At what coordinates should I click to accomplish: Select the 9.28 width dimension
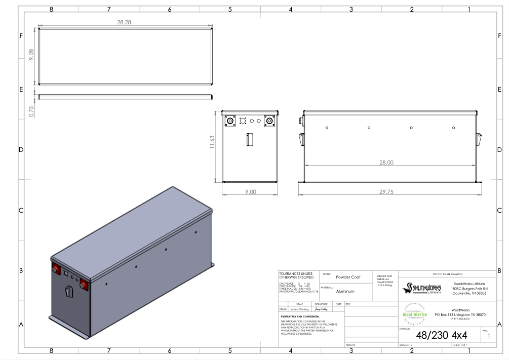pyautogui.click(x=31, y=56)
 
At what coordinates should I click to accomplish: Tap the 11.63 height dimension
pyautogui.click(x=213, y=146)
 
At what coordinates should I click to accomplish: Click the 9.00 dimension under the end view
pyautogui.click(x=250, y=192)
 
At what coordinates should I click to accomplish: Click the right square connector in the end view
pyautogui.click(x=269, y=121)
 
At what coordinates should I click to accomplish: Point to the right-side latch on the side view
pyautogui.click(x=479, y=138)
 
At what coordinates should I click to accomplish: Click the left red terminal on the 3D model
pyautogui.click(x=54, y=270)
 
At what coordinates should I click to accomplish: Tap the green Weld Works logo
pyautogui.click(x=414, y=314)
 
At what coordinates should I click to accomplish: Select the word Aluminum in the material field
pyautogui.click(x=345, y=291)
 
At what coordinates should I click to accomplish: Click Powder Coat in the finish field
pyautogui.click(x=348, y=277)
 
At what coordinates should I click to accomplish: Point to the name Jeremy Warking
pyautogui.click(x=297, y=308)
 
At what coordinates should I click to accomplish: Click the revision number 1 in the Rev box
pyautogui.click(x=489, y=336)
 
